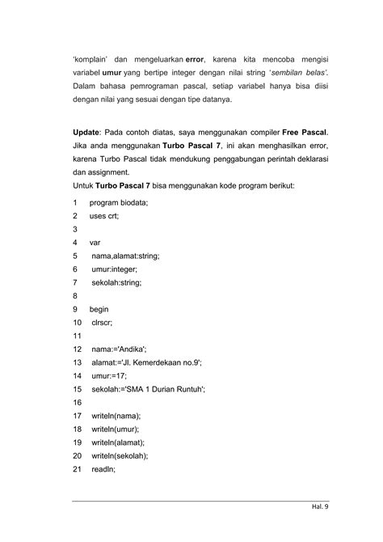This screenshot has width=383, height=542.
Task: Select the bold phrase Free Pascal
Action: click(x=305, y=132)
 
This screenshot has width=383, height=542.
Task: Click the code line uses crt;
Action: click(x=104, y=216)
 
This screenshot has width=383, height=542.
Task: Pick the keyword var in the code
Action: click(x=95, y=243)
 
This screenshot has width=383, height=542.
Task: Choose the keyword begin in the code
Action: click(x=99, y=309)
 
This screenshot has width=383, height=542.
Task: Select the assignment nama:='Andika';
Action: click(x=119, y=349)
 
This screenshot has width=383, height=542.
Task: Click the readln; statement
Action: click(x=103, y=468)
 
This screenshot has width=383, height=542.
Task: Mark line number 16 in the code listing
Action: click(x=77, y=402)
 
